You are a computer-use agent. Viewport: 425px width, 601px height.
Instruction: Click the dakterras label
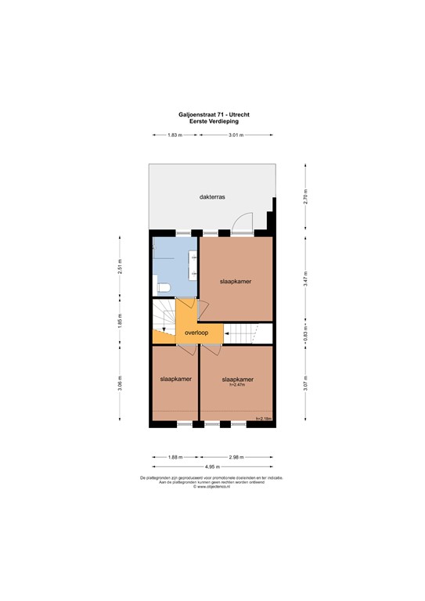212,198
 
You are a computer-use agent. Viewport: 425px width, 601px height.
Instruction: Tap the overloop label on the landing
196,333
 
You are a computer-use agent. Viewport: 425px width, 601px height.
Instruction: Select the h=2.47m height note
237,385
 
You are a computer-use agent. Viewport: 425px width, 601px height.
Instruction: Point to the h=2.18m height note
263,419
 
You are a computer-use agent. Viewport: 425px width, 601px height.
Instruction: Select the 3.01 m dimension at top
236,135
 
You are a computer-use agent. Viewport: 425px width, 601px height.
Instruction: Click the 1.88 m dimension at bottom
175,457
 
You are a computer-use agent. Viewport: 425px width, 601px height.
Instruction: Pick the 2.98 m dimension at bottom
236,457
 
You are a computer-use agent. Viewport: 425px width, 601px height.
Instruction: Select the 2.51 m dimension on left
120,267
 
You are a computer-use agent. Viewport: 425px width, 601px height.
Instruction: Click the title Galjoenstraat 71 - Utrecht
212,115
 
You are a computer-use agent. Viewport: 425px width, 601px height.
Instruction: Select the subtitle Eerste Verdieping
212,121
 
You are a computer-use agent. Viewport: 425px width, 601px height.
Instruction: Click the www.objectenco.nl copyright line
212,487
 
